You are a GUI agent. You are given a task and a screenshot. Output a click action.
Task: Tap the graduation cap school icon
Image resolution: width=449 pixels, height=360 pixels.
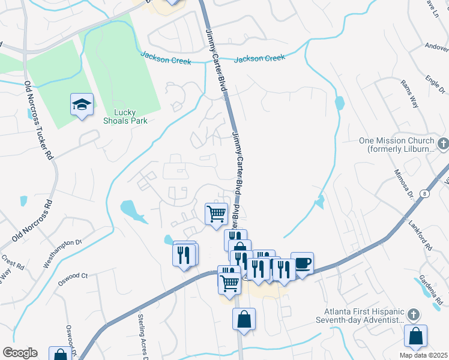80,106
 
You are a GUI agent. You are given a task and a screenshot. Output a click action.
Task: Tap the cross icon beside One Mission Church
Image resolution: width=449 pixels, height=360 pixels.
442,143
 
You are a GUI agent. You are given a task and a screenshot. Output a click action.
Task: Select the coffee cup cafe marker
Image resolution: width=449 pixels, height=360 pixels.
303,262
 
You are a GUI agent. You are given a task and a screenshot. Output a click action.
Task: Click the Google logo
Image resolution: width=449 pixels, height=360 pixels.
19,353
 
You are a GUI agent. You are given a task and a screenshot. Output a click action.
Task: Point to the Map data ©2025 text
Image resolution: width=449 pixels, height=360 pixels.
423,355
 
